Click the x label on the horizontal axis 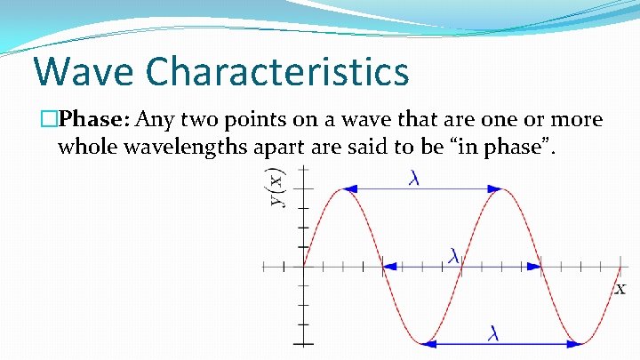[620, 288]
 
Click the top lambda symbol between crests [414, 180]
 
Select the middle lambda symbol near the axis [454, 256]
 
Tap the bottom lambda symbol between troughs [493, 333]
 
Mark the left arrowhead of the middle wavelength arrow [389, 265]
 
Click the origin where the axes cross [303, 265]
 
